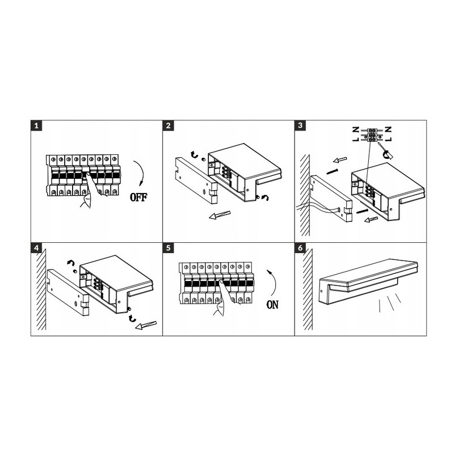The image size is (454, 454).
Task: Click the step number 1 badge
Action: pyautogui.click(x=36, y=125)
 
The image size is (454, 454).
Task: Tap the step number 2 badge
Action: pyautogui.click(x=168, y=125)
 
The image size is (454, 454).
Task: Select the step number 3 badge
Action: pyautogui.click(x=300, y=125)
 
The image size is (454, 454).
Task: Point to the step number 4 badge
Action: pyautogui.click(x=36, y=248)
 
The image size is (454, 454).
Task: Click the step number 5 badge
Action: pyautogui.click(x=168, y=248)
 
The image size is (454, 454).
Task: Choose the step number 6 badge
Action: pyautogui.click(x=300, y=248)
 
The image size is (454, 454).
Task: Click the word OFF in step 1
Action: pyautogui.click(x=138, y=197)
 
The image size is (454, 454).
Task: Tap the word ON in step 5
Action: pyautogui.click(x=272, y=305)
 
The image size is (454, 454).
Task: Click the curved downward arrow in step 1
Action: pyautogui.click(x=141, y=173)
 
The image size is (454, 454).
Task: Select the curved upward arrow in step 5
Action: pyautogui.click(x=275, y=283)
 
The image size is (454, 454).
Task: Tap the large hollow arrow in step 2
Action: pyautogui.click(x=220, y=215)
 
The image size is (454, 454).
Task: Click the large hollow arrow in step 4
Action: pyautogui.click(x=146, y=325)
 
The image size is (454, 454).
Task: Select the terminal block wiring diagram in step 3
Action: pyautogui.click(x=372, y=134)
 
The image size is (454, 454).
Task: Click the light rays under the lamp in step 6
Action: pyautogui.click(x=390, y=303)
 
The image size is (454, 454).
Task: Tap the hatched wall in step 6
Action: pyautogui.click(x=308, y=289)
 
